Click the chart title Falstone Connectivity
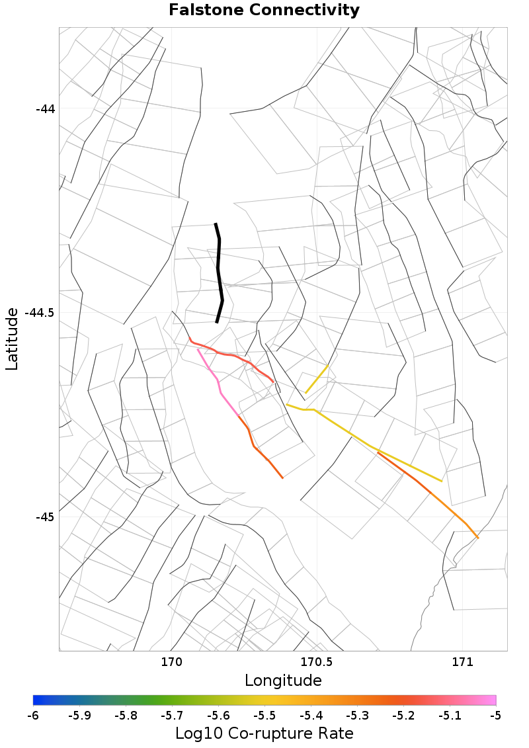click(x=264, y=11)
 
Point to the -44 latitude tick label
click(x=45, y=108)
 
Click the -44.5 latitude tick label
click(x=40, y=313)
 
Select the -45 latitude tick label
click(x=45, y=517)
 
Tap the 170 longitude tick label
click(x=171, y=661)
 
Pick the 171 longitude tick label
click(x=462, y=661)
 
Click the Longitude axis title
click(x=283, y=681)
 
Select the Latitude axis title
click(x=12, y=339)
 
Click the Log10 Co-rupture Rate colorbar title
click(x=264, y=733)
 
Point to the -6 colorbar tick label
click(x=33, y=716)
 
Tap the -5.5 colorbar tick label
click(x=264, y=716)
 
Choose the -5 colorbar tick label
click(x=496, y=716)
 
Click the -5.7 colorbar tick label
click(x=172, y=716)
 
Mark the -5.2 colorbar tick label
click(x=403, y=716)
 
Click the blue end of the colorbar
click(x=37, y=700)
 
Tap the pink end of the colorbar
click(x=492, y=700)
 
